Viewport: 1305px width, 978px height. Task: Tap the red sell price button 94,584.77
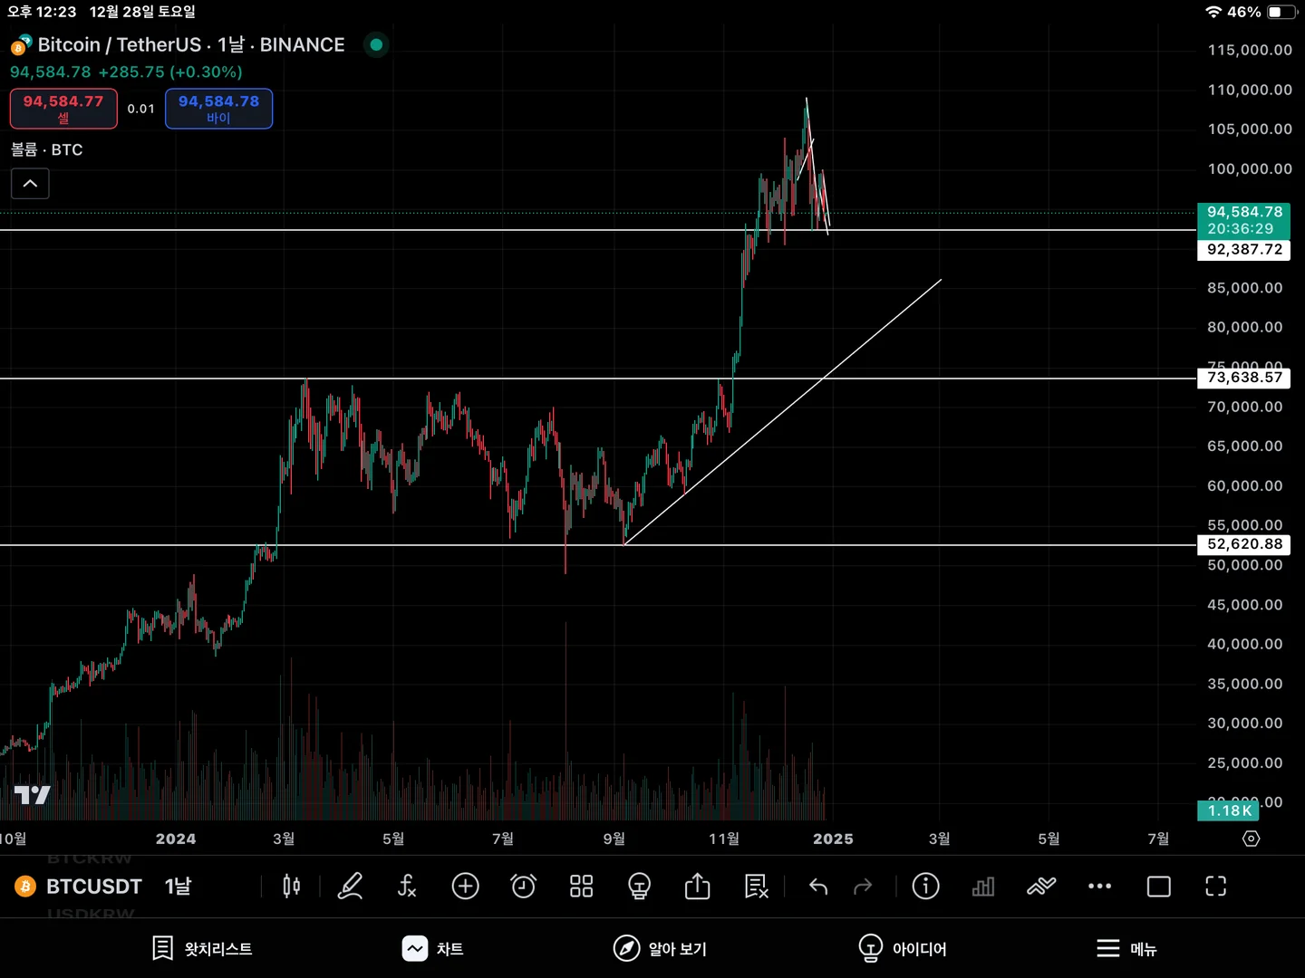(63, 109)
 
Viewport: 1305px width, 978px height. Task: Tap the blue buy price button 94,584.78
(218, 109)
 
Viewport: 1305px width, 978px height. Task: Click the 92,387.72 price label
(1244, 249)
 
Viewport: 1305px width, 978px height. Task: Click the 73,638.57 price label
(1244, 378)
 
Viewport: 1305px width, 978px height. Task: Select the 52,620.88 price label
(1244, 544)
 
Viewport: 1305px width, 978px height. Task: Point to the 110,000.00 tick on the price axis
(1249, 90)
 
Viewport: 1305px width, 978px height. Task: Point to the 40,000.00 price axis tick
(1244, 644)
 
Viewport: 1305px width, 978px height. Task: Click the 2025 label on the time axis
(833, 839)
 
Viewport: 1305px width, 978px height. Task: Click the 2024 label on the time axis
(176, 839)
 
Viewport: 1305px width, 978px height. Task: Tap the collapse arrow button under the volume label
(30, 184)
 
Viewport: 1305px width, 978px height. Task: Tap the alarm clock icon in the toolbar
(523, 886)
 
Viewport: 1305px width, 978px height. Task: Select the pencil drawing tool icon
(350, 886)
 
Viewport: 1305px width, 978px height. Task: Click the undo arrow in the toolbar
(818, 886)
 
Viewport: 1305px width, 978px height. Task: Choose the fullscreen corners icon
(1215, 886)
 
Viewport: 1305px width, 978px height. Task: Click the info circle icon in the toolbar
(925, 886)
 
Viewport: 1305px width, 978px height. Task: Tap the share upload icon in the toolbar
(697, 886)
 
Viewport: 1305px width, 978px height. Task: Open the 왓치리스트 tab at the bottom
(202, 948)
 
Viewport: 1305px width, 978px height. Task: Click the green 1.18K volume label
(1228, 810)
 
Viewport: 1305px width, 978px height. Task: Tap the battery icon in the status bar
(1281, 12)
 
